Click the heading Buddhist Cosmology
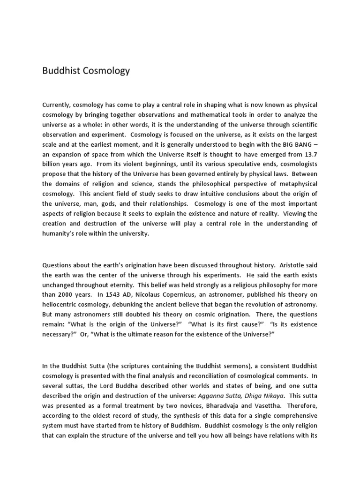click(x=86, y=71)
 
